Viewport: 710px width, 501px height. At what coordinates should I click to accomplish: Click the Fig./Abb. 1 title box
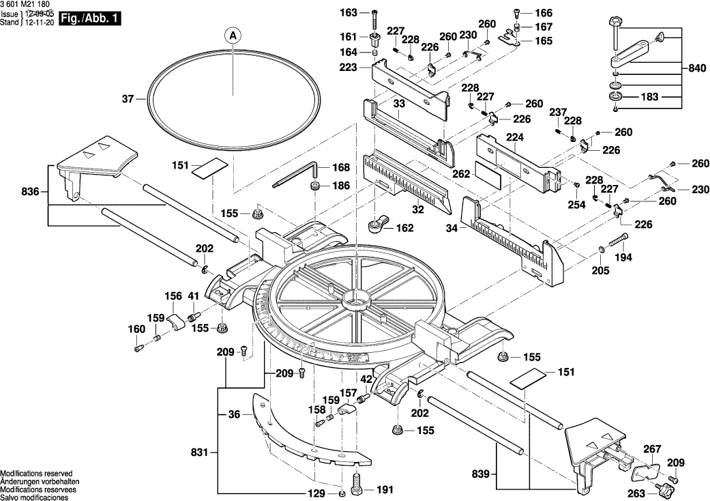click(90, 19)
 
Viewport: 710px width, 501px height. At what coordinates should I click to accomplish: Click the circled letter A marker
click(232, 34)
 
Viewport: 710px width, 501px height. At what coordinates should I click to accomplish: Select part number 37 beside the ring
click(128, 100)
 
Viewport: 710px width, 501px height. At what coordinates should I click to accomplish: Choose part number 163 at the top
click(349, 13)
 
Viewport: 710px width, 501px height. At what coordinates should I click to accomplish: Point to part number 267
click(653, 449)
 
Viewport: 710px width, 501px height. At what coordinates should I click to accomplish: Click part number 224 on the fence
click(515, 137)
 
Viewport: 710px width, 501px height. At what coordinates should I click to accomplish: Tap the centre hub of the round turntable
click(359, 298)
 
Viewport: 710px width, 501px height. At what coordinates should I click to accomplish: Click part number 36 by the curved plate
click(235, 414)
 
